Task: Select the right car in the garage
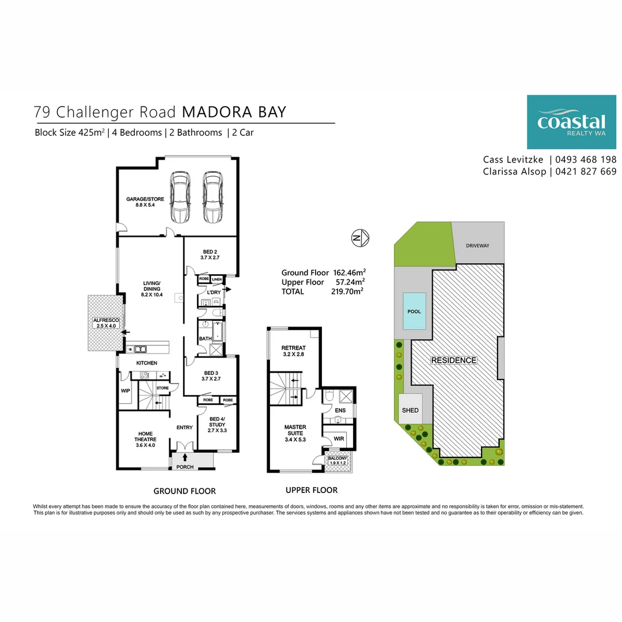(x=213, y=198)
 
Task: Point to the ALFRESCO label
(x=104, y=323)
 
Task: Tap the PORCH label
(x=185, y=467)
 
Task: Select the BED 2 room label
(x=210, y=255)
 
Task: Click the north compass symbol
(x=361, y=237)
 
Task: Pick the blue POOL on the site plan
(x=414, y=312)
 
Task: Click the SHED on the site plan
(x=411, y=411)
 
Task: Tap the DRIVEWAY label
(x=477, y=246)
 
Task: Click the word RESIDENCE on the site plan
(x=454, y=361)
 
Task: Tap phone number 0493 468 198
(x=586, y=160)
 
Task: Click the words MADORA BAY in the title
(x=234, y=112)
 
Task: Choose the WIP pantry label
(x=126, y=390)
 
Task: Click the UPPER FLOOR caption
(x=312, y=490)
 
